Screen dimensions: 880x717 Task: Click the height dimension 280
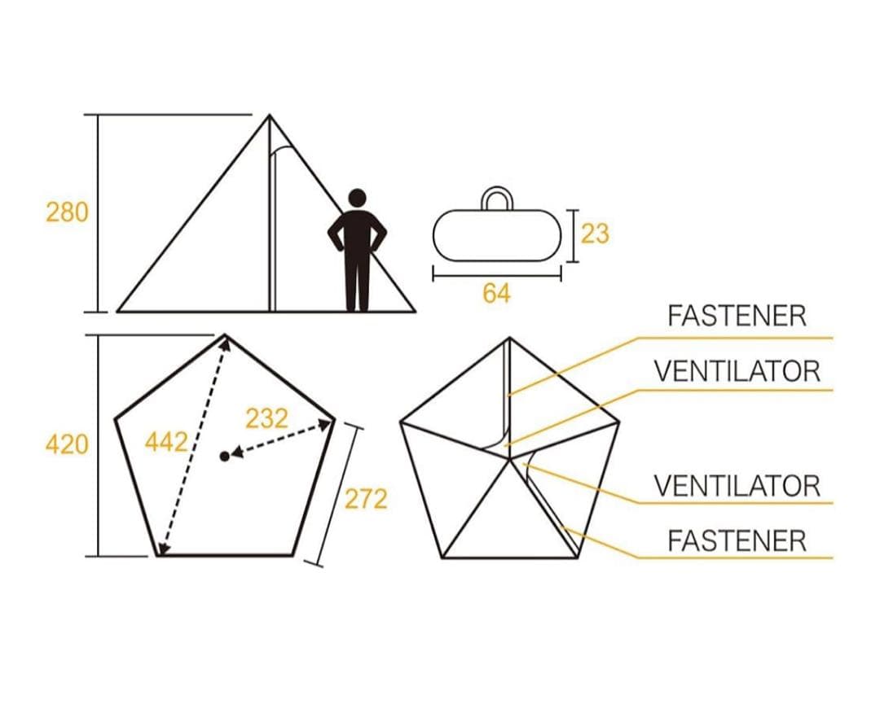tap(67, 213)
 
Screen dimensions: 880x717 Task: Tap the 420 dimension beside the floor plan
tap(67, 444)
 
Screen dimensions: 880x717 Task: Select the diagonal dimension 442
tap(166, 442)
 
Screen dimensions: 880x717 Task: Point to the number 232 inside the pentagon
tap(267, 418)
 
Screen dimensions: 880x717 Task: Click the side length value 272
tap(366, 499)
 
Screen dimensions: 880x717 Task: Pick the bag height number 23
tap(595, 234)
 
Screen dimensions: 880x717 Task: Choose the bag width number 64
tap(497, 293)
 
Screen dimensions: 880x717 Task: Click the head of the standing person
tap(357, 199)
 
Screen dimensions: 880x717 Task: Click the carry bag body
tap(497, 235)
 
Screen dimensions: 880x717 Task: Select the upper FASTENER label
tap(737, 316)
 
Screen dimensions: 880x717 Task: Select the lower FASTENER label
tap(737, 541)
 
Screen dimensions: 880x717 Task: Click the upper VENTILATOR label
tap(737, 371)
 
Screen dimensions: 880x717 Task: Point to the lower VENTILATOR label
tap(737, 486)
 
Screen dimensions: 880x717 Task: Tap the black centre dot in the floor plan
tap(225, 457)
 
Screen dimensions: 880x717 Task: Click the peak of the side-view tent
tap(270, 116)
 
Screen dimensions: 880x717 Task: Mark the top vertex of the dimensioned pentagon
tap(225, 334)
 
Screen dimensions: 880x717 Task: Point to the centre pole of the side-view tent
tap(271, 213)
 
